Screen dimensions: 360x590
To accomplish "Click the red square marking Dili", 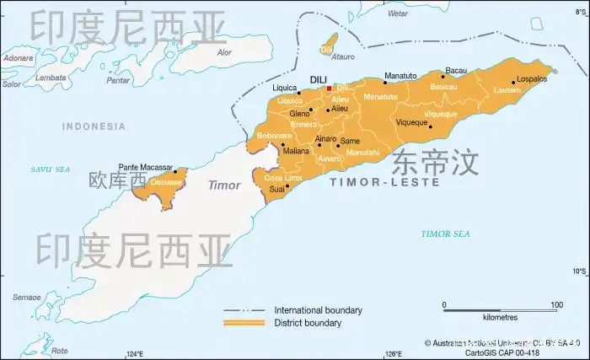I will [329, 87].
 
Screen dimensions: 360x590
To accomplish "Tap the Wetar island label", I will [397, 13].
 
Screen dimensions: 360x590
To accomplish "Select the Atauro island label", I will [343, 57].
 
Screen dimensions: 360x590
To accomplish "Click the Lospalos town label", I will [532, 78].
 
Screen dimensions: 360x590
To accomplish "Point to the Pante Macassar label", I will [145, 168].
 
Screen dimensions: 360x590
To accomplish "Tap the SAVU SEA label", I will [50, 169].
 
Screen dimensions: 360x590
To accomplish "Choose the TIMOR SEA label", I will [446, 234].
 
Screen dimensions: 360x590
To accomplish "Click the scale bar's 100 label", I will [556, 305].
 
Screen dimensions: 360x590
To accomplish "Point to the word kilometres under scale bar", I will [500, 318].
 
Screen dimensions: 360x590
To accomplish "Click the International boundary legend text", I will [319, 310].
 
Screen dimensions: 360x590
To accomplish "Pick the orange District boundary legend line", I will [244, 323].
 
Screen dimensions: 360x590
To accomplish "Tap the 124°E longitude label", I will [135, 353].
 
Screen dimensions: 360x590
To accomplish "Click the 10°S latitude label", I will [579, 271].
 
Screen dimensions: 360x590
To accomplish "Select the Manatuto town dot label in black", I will [400, 76].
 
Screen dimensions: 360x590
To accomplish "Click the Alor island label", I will [224, 52].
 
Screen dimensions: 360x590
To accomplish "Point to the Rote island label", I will [60, 350].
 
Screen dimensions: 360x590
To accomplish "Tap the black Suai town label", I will [276, 190].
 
